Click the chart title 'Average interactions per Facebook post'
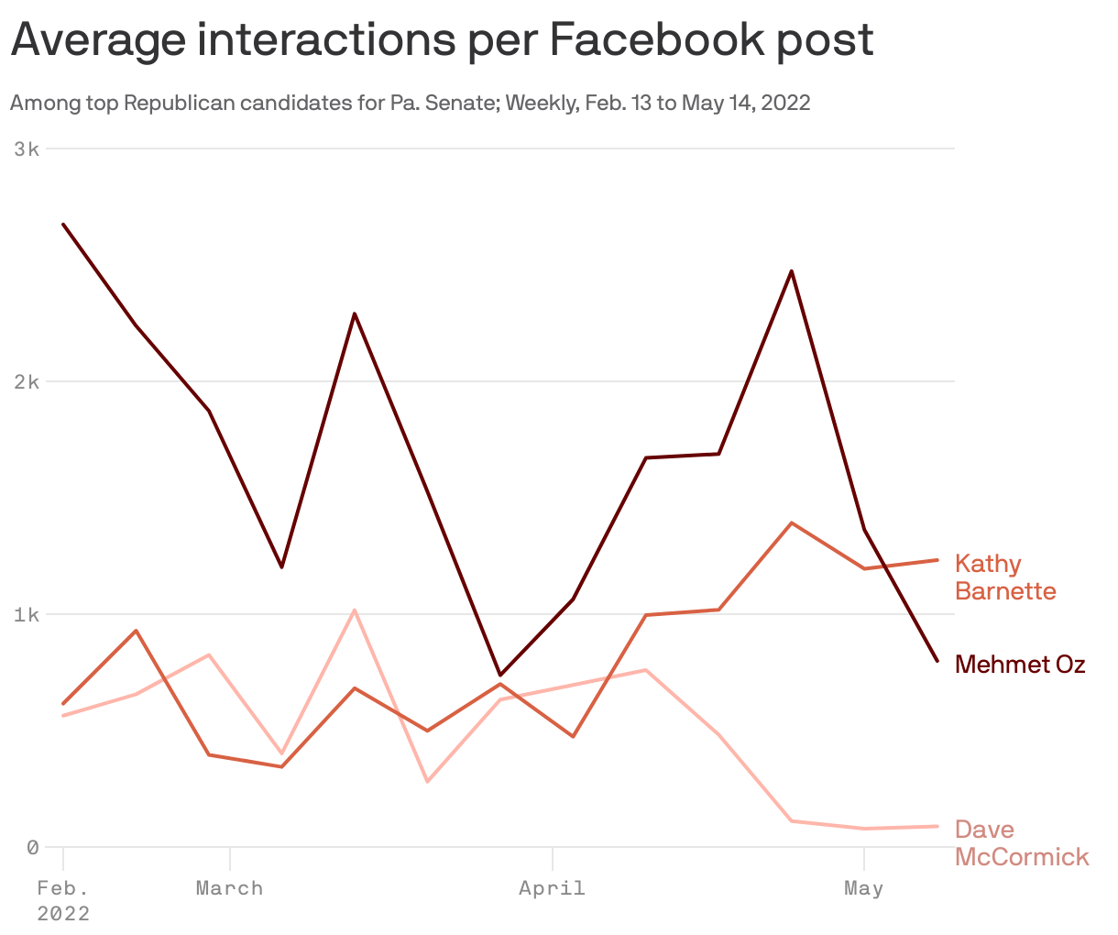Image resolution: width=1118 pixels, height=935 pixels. pyautogui.click(x=442, y=39)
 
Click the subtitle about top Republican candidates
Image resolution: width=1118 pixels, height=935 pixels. pyautogui.click(x=410, y=103)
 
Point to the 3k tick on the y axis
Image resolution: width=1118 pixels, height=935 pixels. pyautogui.click(x=27, y=148)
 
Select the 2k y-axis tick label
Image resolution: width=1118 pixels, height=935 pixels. pyautogui.click(x=27, y=381)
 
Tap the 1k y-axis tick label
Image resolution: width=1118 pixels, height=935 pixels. pyautogui.click(x=27, y=614)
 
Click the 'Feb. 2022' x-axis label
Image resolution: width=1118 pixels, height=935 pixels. pyautogui.click(x=63, y=900)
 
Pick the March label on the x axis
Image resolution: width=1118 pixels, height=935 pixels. pyautogui.click(x=229, y=887)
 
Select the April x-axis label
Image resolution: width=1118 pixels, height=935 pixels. pyautogui.click(x=552, y=887)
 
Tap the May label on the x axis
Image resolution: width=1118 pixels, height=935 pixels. pyautogui.click(x=863, y=887)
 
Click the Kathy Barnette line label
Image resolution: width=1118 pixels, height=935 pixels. pyautogui.click(x=1004, y=577)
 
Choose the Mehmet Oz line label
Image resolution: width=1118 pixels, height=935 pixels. pyautogui.click(x=1019, y=664)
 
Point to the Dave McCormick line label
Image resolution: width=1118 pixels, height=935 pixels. pyautogui.click(x=1021, y=842)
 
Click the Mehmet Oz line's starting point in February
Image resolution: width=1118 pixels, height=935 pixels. pyautogui.click(x=63, y=224)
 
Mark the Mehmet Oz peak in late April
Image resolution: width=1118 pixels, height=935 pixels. pyautogui.click(x=791, y=271)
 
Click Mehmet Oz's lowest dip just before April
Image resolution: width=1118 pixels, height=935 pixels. pyautogui.click(x=499, y=675)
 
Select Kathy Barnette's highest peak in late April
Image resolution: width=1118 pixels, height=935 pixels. pyautogui.click(x=791, y=522)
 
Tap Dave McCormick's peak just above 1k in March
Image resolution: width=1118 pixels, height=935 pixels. pyautogui.click(x=354, y=610)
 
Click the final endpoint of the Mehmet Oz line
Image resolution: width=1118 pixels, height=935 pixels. pyautogui.click(x=937, y=661)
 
